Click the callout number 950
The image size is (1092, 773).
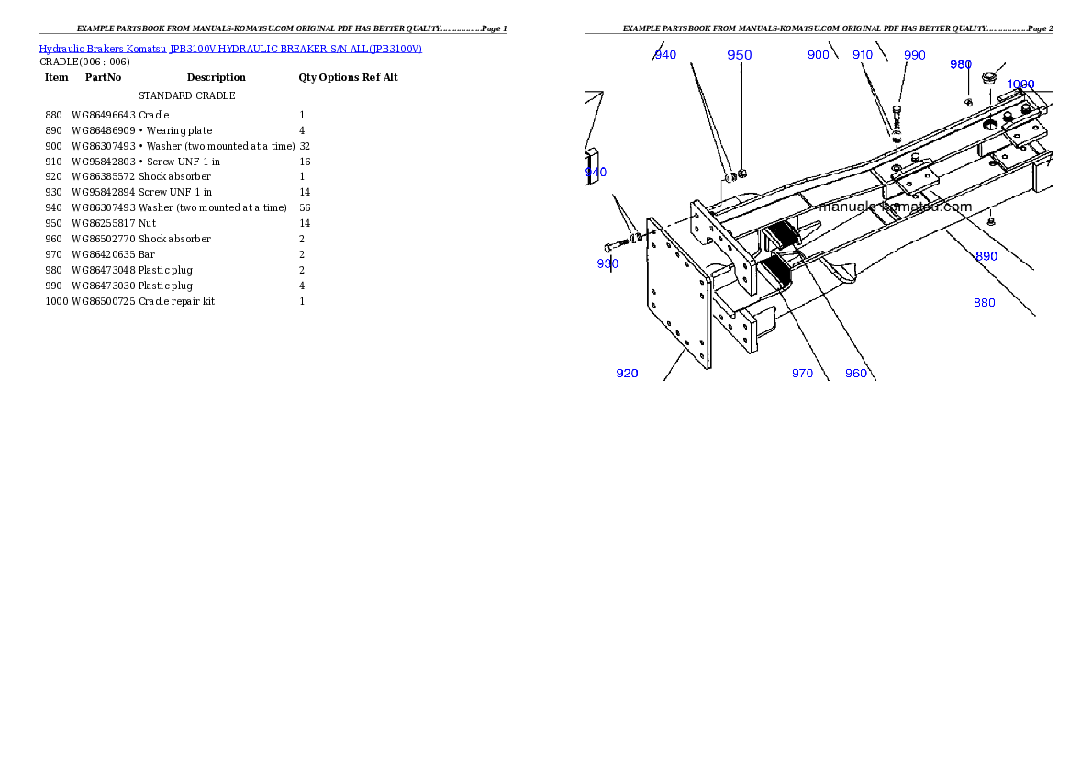click(x=739, y=55)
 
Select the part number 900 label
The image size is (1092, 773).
click(x=818, y=55)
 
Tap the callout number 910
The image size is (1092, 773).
click(x=862, y=55)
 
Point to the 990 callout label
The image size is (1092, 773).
click(x=914, y=55)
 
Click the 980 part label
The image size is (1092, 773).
click(x=960, y=64)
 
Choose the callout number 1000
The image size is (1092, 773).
click(x=1020, y=84)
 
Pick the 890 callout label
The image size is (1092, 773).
click(x=986, y=257)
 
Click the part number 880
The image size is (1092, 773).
click(x=984, y=303)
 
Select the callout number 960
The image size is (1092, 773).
click(x=855, y=374)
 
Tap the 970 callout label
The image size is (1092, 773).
click(x=802, y=374)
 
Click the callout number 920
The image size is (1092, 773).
click(x=627, y=374)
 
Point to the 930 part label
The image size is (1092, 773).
click(x=607, y=264)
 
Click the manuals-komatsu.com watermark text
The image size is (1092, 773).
click(x=895, y=207)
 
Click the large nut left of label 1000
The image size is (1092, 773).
click(x=990, y=77)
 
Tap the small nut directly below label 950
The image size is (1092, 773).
click(x=741, y=173)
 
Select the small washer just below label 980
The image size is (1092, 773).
click(x=968, y=100)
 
